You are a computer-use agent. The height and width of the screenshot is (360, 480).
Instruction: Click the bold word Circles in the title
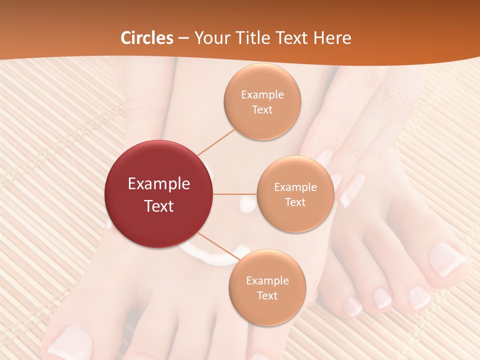click(x=147, y=38)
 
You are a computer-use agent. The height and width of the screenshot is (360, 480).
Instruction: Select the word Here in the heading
click(x=333, y=38)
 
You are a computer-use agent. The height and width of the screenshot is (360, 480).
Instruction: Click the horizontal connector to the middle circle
click(x=234, y=194)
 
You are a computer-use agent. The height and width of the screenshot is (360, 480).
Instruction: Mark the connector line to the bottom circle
click(x=218, y=247)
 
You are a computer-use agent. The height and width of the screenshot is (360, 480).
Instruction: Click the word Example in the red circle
click(x=159, y=184)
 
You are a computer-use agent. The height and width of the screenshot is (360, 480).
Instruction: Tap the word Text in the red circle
click(x=159, y=206)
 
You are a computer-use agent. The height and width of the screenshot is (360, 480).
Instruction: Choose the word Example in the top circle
click(x=262, y=95)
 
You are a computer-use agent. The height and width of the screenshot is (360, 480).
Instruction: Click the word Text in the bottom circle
click(x=267, y=295)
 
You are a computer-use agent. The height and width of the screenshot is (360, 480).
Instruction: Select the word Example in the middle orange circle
click(x=295, y=187)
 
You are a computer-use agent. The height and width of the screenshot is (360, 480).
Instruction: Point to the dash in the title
click(x=183, y=38)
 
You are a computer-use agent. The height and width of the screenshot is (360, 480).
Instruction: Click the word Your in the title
click(x=210, y=38)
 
